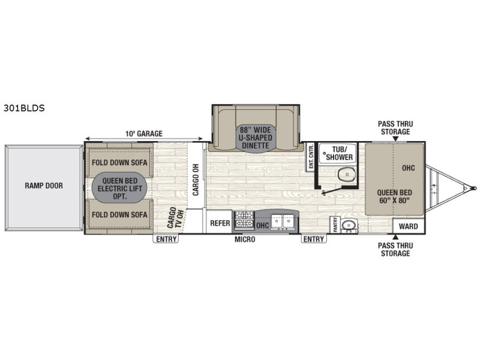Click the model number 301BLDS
(x=24, y=108)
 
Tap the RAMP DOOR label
(x=44, y=185)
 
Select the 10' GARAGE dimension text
(x=144, y=133)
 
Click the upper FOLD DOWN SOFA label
(x=119, y=163)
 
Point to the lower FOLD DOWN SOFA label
(x=119, y=215)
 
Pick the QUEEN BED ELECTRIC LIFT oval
(x=119, y=188)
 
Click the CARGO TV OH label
(x=176, y=218)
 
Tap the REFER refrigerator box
(x=220, y=223)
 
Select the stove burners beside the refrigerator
(x=244, y=220)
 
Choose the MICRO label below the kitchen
(x=245, y=239)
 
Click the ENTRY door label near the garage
(x=166, y=239)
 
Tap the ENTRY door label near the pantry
(x=313, y=239)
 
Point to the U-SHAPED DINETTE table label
(x=256, y=138)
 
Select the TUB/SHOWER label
(x=339, y=154)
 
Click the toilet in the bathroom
(x=347, y=175)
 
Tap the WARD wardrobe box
(x=409, y=226)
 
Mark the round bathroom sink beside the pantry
(x=348, y=226)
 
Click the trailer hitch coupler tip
(x=474, y=188)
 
